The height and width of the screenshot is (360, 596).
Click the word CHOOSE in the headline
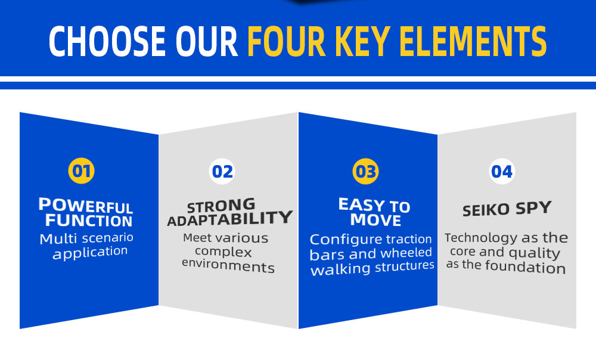point(107,42)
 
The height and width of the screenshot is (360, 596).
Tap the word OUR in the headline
point(206,42)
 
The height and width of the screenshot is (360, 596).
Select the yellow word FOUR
point(286,42)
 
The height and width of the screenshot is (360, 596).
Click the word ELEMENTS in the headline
point(473,42)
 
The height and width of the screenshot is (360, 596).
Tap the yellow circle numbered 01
point(81,170)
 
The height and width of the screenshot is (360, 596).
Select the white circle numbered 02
point(222,172)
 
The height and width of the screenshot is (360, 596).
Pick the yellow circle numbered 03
point(366,172)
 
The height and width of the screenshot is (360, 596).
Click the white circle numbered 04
point(502,172)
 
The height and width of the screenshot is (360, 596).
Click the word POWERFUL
point(85,206)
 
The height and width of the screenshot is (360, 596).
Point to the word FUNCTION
point(89,221)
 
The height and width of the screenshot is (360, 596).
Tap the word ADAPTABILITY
point(230,219)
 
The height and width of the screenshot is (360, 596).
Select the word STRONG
point(221,206)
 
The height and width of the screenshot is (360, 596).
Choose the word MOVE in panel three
point(375,220)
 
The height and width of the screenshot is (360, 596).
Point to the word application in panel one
point(90,253)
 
